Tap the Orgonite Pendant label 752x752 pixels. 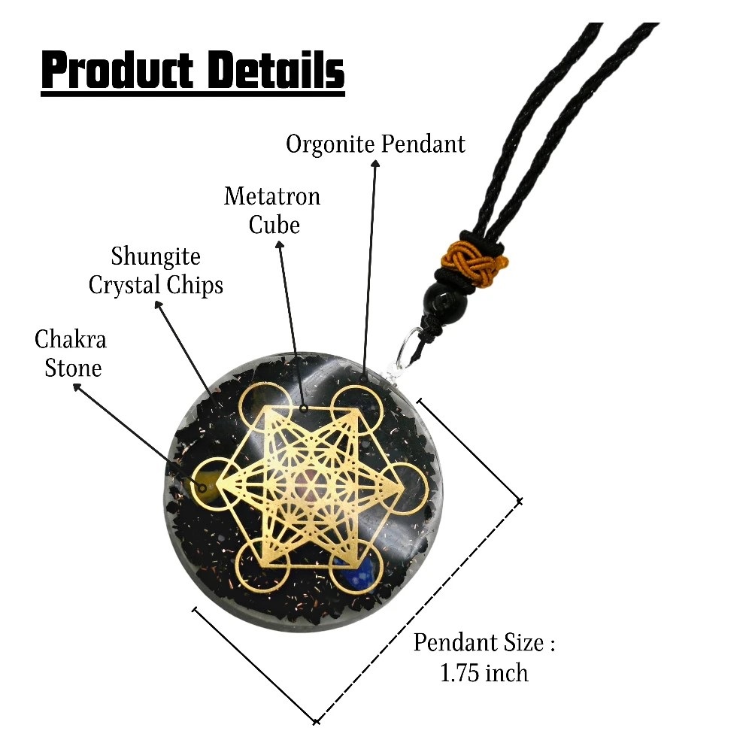[375, 144]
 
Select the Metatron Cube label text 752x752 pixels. [272, 210]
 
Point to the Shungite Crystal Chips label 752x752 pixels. [156, 270]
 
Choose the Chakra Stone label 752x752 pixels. [71, 353]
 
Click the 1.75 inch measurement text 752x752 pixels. [484, 673]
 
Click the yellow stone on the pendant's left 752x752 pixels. [206, 486]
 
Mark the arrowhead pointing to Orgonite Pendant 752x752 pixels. [375, 163]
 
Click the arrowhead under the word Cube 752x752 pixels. [279, 244]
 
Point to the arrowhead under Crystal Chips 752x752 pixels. [159, 305]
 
